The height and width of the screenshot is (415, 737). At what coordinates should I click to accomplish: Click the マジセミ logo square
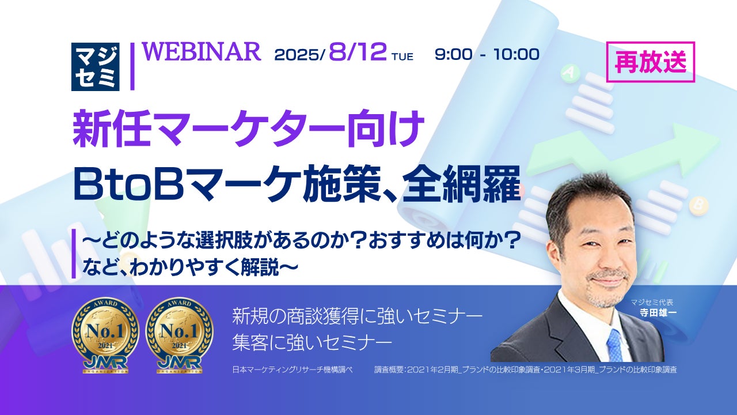pyautogui.click(x=96, y=67)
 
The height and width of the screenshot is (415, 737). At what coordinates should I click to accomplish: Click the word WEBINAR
pyautogui.click(x=202, y=52)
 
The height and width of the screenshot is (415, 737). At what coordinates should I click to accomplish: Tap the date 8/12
pyautogui.click(x=358, y=52)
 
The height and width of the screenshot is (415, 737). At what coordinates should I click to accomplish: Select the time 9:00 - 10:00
pyautogui.click(x=487, y=54)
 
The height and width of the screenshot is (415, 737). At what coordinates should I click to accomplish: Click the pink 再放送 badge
pyautogui.click(x=651, y=62)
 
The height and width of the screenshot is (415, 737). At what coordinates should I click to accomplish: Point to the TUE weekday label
pyautogui.click(x=402, y=57)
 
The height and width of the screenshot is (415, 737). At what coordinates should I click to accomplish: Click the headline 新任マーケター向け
pyautogui.click(x=248, y=129)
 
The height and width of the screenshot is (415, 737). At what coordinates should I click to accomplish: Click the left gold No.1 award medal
pyautogui.click(x=105, y=335)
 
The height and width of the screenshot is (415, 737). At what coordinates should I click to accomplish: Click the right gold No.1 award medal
pyautogui.click(x=179, y=335)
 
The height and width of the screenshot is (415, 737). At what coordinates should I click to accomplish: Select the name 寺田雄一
pyautogui.click(x=658, y=312)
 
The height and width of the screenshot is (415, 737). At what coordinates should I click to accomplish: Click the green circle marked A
pyautogui.click(x=568, y=72)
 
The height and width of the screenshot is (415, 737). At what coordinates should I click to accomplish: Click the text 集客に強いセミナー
pyautogui.click(x=312, y=342)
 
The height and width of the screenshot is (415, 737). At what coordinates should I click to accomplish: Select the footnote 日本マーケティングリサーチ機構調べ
pyautogui.click(x=292, y=370)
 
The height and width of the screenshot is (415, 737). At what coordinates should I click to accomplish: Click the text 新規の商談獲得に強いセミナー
pyautogui.click(x=358, y=316)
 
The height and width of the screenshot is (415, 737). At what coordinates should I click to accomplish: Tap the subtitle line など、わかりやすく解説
pyautogui.click(x=190, y=267)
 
